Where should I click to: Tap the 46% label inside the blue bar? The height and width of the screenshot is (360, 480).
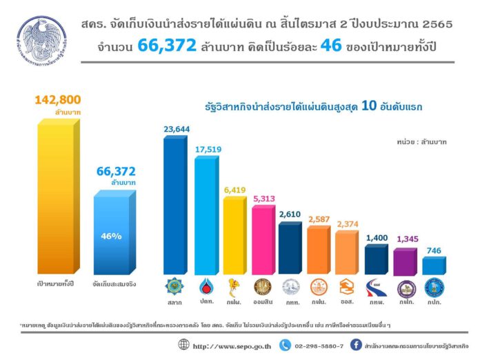coord(111,237)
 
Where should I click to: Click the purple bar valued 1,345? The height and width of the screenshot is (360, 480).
coord(405,263)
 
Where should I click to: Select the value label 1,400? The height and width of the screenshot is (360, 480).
coord(377,238)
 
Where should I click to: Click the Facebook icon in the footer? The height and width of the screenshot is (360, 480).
coord(357,344)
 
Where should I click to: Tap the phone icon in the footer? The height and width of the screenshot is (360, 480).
coord(284,344)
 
